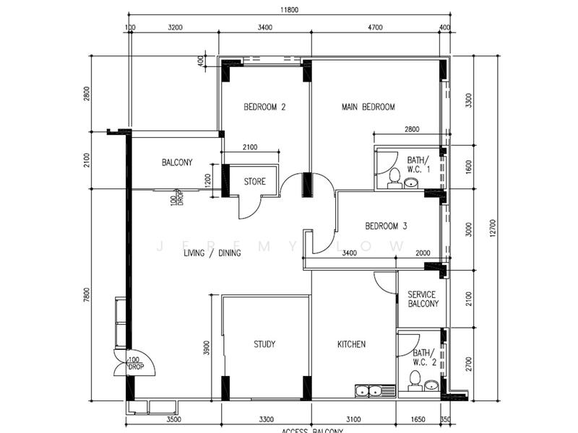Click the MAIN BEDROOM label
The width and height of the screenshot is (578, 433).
[x=368, y=108]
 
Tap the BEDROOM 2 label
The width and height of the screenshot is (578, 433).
[x=264, y=108]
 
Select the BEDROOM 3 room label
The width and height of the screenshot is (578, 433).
[x=386, y=226]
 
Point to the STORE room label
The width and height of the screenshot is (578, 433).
[x=254, y=182]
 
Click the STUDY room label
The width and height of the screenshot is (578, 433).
[x=264, y=345]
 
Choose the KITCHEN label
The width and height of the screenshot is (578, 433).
[x=351, y=345]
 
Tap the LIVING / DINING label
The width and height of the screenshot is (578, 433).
[x=212, y=253]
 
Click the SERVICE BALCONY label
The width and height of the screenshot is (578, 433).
[x=423, y=299]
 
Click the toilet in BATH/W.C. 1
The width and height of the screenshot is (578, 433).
[x=394, y=175]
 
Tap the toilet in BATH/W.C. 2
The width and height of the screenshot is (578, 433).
[x=415, y=379]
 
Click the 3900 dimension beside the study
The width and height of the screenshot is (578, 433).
[x=207, y=349]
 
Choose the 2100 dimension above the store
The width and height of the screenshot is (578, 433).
[x=250, y=148]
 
